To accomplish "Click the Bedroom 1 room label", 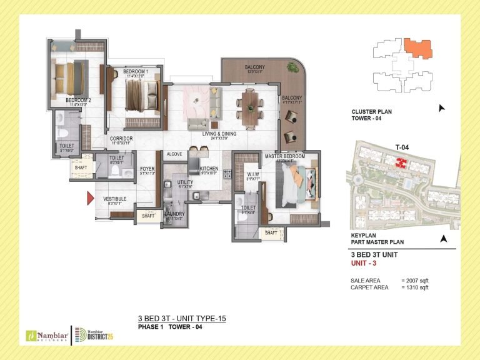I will pos(135,72).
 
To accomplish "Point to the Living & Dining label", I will pos(219,134).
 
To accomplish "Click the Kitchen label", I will pos(209,168).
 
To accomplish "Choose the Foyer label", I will pos(147,168).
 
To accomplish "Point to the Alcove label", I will pos(174,154).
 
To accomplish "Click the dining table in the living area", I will pos(251,108).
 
